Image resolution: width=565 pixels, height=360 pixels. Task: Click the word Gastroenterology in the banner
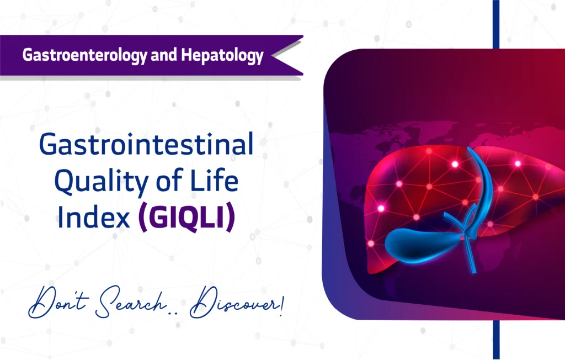(82, 55)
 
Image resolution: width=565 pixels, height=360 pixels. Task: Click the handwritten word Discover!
(236, 304)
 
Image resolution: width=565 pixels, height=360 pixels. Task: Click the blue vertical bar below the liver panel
(495, 340)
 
